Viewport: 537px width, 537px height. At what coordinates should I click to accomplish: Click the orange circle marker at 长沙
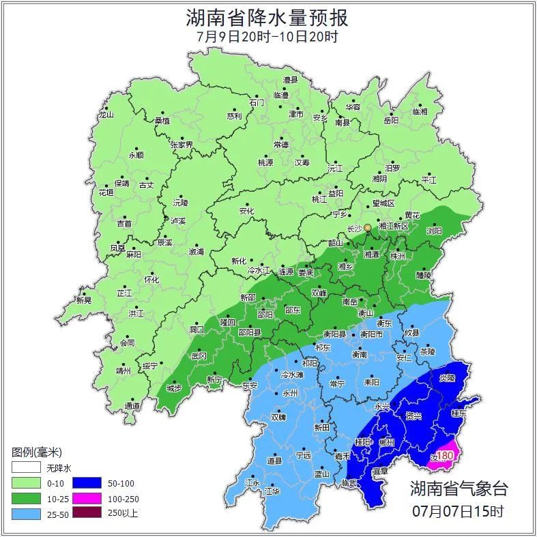[x=368, y=227]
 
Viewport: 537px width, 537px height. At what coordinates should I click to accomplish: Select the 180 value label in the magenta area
[x=444, y=456]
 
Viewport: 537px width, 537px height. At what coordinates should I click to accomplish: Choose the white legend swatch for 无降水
[x=26, y=469]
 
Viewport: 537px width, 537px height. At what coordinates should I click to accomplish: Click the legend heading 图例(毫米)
[x=37, y=452]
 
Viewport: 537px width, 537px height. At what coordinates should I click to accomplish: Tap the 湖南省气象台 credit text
[x=459, y=489]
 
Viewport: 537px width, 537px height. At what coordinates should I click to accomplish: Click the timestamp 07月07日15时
[x=459, y=510]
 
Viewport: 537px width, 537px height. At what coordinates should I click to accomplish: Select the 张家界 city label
[x=182, y=145]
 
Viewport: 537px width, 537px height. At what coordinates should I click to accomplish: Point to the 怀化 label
[x=151, y=280]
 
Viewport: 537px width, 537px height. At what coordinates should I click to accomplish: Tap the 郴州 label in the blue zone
[x=387, y=442]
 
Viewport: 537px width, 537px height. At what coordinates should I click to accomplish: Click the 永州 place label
[x=291, y=394]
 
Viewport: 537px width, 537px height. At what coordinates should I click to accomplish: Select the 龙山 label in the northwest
[x=106, y=115]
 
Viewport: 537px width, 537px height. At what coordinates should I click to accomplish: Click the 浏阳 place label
[x=434, y=231]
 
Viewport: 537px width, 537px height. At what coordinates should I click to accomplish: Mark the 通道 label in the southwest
[x=132, y=406]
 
